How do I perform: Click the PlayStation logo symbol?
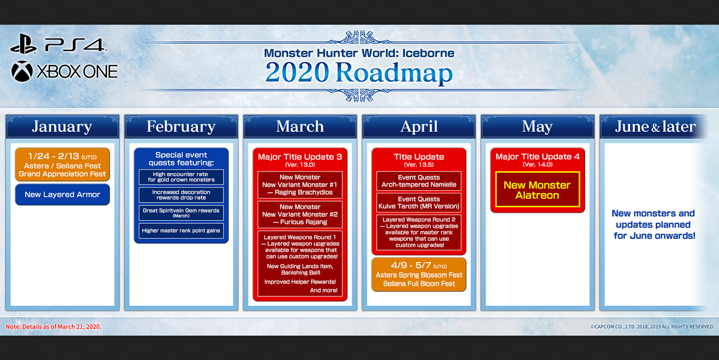point(23,44)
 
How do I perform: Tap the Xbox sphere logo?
point(22,71)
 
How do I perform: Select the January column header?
point(62,127)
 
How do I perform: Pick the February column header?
point(181,127)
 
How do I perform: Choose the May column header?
point(537,127)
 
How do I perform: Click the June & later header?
point(655,127)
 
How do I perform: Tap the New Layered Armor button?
point(62,195)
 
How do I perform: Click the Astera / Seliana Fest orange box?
point(62,165)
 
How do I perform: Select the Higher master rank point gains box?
point(181,231)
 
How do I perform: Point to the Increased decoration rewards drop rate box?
point(181,195)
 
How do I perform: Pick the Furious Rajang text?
point(300,222)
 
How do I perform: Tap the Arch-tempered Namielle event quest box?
point(418,181)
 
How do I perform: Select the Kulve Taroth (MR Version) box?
point(418,203)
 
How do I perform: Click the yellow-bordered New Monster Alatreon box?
point(537,190)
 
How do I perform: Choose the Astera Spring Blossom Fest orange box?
point(418,275)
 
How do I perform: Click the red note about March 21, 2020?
point(53,327)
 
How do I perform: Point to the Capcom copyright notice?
point(652,327)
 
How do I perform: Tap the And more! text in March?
point(324,290)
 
